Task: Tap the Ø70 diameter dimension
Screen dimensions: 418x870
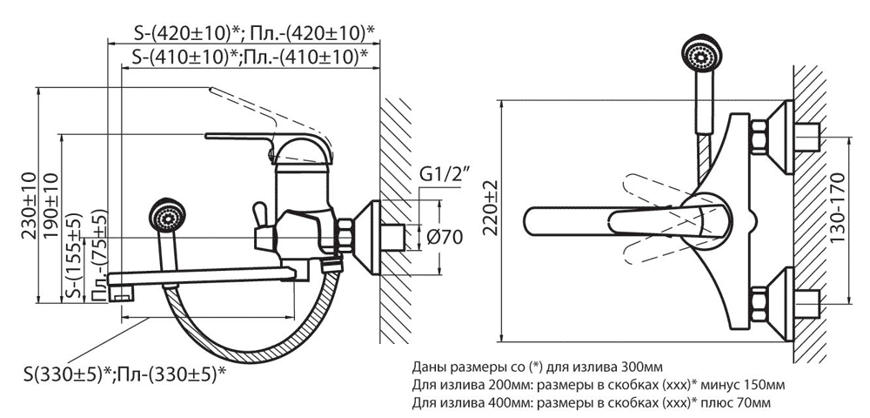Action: click(445, 236)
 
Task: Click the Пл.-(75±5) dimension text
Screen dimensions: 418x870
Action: click(101, 253)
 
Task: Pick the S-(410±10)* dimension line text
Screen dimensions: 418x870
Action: click(248, 57)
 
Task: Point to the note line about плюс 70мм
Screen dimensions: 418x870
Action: click(592, 402)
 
